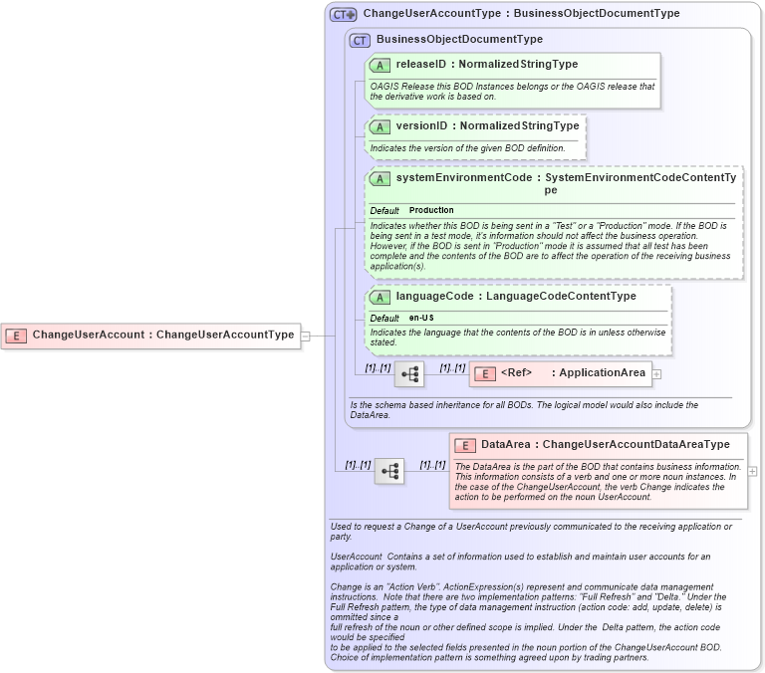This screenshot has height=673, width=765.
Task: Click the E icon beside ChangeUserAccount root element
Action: click(x=16, y=336)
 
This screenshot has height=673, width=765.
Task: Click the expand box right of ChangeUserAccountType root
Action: click(x=306, y=336)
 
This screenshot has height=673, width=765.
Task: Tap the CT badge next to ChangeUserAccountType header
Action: click(x=344, y=15)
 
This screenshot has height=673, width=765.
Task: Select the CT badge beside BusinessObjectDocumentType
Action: click(x=360, y=40)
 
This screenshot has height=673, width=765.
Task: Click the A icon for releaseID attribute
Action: click(x=380, y=65)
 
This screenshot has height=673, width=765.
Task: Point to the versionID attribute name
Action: click(x=421, y=126)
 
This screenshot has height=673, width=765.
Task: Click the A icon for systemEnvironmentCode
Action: click(x=380, y=179)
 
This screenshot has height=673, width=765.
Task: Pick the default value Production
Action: click(x=431, y=211)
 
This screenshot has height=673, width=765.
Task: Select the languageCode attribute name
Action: click(x=434, y=297)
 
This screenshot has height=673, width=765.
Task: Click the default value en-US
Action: click(x=421, y=319)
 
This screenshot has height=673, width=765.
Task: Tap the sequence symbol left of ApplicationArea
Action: click(x=409, y=374)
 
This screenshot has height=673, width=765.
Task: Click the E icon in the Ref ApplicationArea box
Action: click(x=484, y=374)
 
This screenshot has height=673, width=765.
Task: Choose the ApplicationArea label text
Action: click(x=603, y=374)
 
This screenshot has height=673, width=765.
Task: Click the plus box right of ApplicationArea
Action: click(x=656, y=374)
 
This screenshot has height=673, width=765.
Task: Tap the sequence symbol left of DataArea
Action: click(x=389, y=471)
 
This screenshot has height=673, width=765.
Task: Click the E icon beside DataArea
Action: click(x=465, y=445)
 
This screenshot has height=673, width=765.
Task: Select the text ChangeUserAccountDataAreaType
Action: click(x=636, y=445)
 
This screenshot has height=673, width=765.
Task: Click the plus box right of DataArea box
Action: click(x=752, y=471)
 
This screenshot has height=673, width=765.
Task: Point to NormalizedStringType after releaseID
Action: click(x=518, y=65)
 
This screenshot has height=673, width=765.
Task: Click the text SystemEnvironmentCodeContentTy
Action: click(x=640, y=178)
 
